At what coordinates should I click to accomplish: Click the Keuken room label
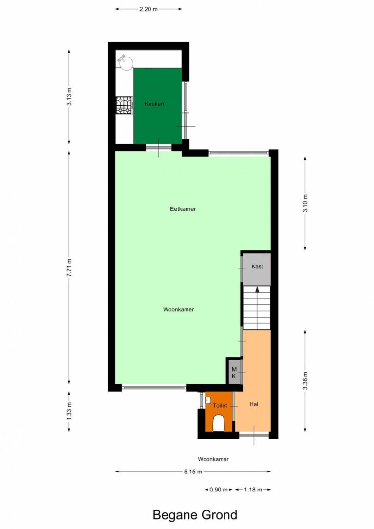(154, 104)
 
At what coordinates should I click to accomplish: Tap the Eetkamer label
(183, 209)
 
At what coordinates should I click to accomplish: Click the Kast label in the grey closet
(257, 266)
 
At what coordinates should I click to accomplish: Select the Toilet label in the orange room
(220, 406)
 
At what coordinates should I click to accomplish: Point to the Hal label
(254, 404)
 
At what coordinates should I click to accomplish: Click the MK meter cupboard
(234, 373)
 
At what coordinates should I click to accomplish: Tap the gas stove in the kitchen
(124, 105)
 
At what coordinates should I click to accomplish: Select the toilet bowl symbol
(219, 423)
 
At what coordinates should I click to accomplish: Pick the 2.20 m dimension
(149, 9)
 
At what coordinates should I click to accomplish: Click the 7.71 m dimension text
(69, 267)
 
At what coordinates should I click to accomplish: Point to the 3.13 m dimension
(69, 96)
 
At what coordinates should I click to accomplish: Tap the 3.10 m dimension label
(305, 204)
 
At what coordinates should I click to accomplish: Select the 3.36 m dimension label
(305, 380)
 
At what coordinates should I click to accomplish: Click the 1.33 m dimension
(69, 412)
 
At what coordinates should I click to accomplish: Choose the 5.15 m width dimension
(193, 472)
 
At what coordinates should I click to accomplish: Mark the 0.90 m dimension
(219, 490)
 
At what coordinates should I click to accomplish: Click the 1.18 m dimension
(253, 490)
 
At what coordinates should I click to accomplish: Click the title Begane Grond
(195, 515)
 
